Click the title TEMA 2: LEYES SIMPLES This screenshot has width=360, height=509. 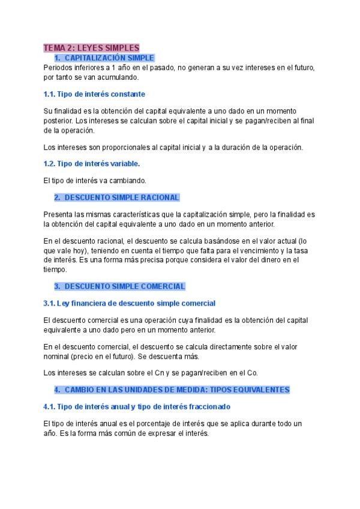click(91, 47)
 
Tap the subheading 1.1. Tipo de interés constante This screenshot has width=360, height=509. click(94, 94)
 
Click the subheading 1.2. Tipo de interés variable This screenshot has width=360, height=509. click(92, 163)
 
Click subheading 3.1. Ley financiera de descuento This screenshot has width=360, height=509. click(129, 303)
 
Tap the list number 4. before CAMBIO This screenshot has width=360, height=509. click(57, 390)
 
